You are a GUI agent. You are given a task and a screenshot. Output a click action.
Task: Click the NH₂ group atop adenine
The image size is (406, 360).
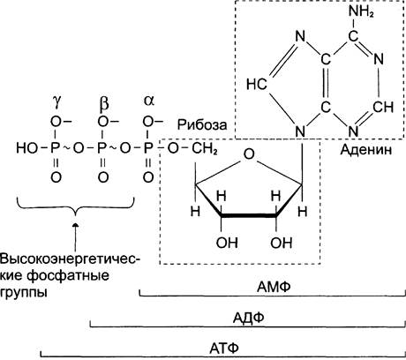click(x=361, y=12)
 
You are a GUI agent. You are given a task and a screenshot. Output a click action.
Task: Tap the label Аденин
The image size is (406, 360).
click(x=366, y=150)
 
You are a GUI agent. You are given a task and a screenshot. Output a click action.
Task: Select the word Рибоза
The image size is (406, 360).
click(x=202, y=124)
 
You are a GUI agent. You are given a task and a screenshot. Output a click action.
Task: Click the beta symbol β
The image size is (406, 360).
click(x=103, y=104)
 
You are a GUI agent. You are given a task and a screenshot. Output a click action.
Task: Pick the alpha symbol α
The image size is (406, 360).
click(x=149, y=101)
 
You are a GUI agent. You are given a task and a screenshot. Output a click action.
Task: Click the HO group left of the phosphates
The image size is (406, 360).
click(x=27, y=148)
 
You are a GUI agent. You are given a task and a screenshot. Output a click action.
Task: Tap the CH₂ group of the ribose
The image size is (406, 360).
click(x=205, y=148)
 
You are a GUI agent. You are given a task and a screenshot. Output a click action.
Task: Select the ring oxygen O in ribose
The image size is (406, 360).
click(x=249, y=154)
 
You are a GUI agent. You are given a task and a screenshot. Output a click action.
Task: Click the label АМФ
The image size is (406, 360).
click(x=274, y=286)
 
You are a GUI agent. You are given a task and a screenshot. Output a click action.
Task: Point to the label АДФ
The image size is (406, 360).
click(x=249, y=318)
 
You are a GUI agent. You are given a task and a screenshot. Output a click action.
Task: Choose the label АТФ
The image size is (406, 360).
click(x=224, y=349)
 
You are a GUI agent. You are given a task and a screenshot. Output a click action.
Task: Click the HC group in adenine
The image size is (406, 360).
click(x=257, y=84)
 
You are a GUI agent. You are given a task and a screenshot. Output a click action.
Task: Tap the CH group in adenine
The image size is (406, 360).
click(x=383, y=107)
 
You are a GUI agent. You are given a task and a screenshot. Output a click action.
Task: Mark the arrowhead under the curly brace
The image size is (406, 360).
click(x=76, y=225)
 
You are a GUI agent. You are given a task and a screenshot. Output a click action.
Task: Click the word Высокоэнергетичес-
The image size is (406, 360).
click(x=71, y=259)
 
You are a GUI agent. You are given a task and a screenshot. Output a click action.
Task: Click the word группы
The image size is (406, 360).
click(x=24, y=293)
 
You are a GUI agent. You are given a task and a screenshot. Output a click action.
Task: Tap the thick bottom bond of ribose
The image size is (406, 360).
click(x=249, y=216)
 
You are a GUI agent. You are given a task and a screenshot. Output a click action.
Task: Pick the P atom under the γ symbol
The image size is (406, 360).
click(x=56, y=148)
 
